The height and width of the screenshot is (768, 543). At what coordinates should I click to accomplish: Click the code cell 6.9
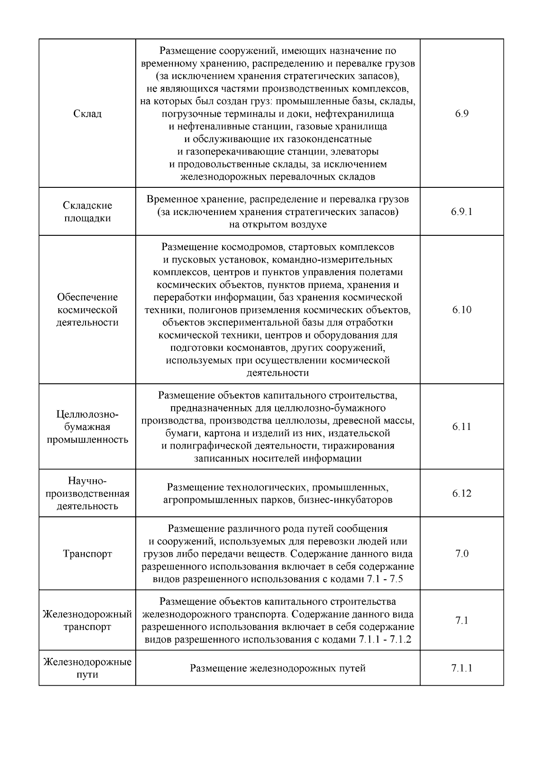[x=462, y=114]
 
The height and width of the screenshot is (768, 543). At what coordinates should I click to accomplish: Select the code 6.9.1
[x=462, y=212]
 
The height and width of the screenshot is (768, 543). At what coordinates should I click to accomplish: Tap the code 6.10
[x=462, y=310]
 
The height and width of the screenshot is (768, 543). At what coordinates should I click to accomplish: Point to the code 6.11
[x=462, y=427]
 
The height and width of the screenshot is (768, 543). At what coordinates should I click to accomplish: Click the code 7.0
[x=462, y=554]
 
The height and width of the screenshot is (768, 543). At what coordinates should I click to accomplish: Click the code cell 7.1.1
[x=462, y=668]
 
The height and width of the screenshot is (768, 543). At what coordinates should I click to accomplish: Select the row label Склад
[x=87, y=114]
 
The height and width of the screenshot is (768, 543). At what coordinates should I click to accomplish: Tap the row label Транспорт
[x=87, y=554]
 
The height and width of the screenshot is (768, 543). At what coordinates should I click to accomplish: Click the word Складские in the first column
[x=87, y=205]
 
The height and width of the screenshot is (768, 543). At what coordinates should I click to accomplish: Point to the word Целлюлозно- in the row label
[x=87, y=415]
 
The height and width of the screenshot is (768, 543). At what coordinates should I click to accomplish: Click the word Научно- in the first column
[x=87, y=481]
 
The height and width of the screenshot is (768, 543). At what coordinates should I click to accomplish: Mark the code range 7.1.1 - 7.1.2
[x=385, y=640]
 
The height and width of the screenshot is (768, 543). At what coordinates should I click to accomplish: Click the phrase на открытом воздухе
[x=278, y=224]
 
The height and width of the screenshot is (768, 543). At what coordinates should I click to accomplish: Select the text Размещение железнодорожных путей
[x=277, y=668]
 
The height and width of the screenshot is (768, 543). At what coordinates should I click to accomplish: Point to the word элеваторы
[x=354, y=151]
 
